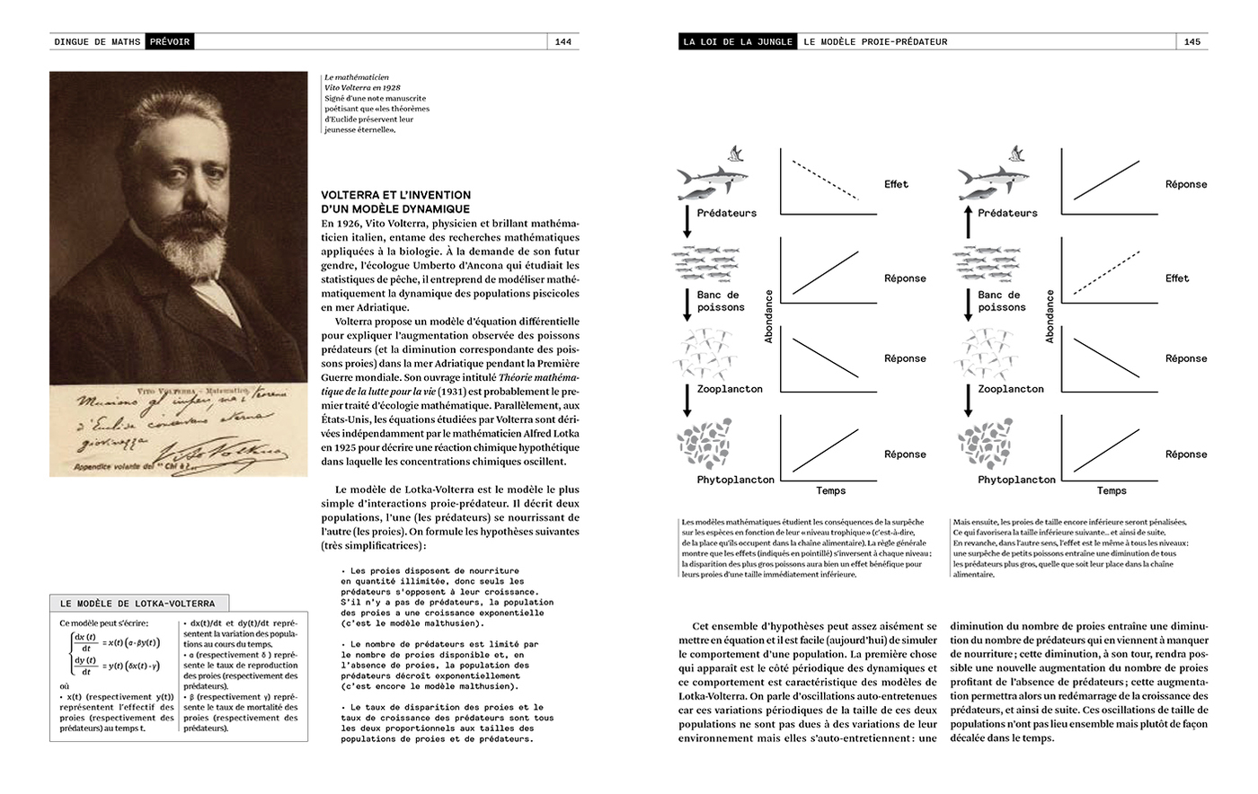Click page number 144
click(563, 41)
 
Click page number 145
click(1192, 41)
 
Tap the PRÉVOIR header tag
click(170, 41)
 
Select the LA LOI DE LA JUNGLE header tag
click(738, 41)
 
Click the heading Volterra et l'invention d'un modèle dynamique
click(395, 202)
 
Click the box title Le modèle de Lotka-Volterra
click(137, 604)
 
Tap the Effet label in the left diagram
click(896, 184)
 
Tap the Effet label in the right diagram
click(1177, 278)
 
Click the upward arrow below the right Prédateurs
click(968, 221)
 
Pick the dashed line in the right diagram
click(1106, 274)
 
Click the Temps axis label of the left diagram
click(830, 490)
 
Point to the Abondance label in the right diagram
click(1050, 315)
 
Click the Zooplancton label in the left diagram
click(730, 389)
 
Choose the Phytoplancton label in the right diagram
click(1016, 480)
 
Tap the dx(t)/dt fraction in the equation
click(85, 641)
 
